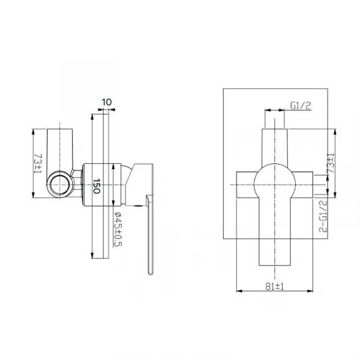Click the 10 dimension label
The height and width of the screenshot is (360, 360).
point(107,102)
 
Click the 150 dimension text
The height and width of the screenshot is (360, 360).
point(97,186)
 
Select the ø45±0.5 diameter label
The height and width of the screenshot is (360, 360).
point(118,229)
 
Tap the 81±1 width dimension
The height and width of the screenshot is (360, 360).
point(275,286)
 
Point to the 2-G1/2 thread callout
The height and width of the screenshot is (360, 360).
point(323,216)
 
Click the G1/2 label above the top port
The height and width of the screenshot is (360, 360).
point(301,106)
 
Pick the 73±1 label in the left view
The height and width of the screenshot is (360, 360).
point(38,163)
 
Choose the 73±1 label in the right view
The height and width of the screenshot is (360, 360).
point(331,163)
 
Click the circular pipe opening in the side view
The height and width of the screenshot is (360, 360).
point(60,185)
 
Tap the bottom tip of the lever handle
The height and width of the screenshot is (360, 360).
point(150,274)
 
